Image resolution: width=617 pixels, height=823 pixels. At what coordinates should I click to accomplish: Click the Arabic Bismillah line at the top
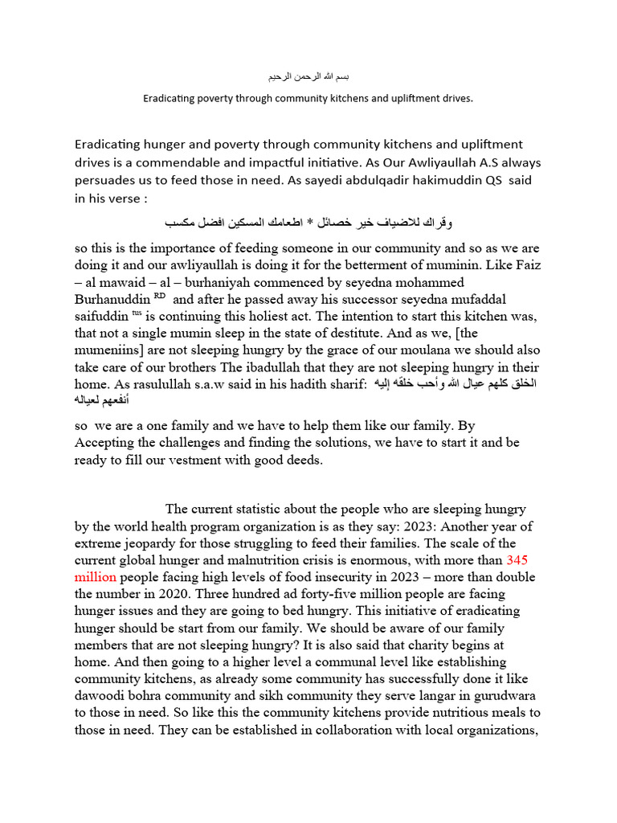pyautogui.click(x=308, y=76)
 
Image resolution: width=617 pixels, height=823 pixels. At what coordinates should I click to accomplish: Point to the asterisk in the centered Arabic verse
pyautogui.click(x=309, y=221)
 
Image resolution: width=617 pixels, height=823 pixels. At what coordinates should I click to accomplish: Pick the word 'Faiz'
pyautogui.click(x=524, y=264)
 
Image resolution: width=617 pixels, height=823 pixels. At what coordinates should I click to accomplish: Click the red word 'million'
pyautogui.click(x=96, y=577)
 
